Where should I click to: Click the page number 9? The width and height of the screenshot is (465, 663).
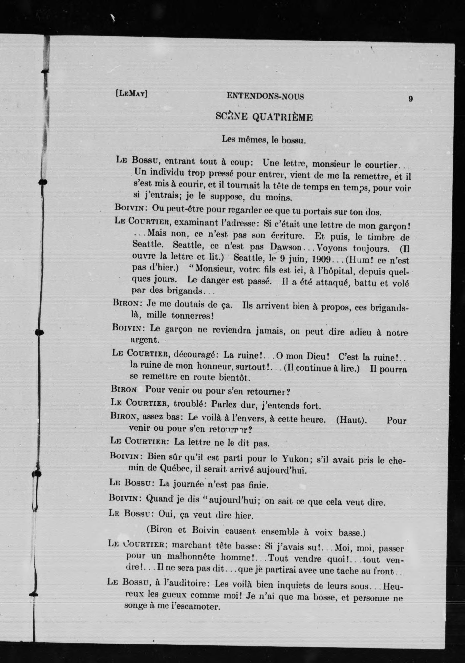coord(411,99)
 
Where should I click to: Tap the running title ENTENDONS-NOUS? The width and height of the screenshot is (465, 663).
coord(265,96)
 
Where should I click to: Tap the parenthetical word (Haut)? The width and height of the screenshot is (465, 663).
coord(352,420)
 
